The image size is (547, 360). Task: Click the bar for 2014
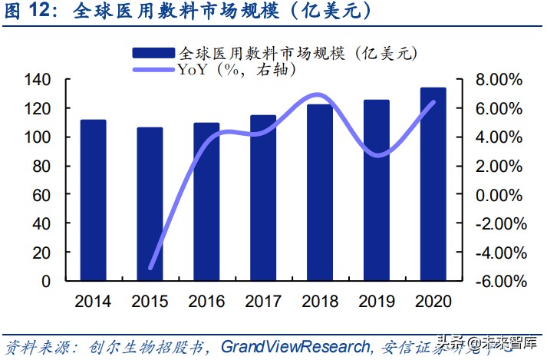(x=93, y=200)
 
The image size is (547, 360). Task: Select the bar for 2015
(x=150, y=204)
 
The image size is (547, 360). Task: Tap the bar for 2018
(x=320, y=193)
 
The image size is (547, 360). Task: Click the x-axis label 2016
(x=206, y=301)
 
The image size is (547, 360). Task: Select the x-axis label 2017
(x=263, y=301)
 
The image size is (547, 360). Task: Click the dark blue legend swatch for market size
(x=154, y=53)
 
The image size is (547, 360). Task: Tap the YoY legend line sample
(x=154, y=70)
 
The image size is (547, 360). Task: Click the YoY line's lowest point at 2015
(x=150, y=268)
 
